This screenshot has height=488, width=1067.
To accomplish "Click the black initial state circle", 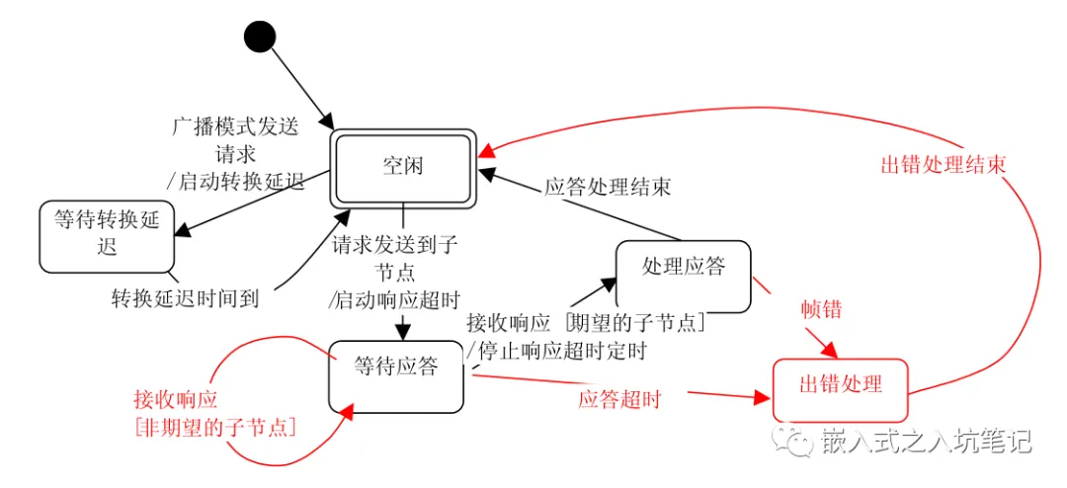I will tap(259, 38).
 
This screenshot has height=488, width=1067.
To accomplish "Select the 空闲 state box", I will tap(403, 167).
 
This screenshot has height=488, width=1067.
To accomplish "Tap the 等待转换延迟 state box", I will tap(108, 235).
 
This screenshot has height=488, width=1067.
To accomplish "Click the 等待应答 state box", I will tap(395, 376).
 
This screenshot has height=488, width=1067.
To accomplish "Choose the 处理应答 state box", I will tap(683, 273).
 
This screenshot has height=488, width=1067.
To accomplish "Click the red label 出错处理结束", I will tap(943, 165).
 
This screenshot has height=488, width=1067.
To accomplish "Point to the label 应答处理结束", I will tap(608, 187).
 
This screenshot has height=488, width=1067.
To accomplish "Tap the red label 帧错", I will tap(821, 308).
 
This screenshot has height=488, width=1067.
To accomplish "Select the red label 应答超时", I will tap(619, 400).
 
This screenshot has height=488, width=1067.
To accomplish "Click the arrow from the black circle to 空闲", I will tap(300, 83).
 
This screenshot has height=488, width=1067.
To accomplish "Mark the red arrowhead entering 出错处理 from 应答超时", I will tap(762, 396).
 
